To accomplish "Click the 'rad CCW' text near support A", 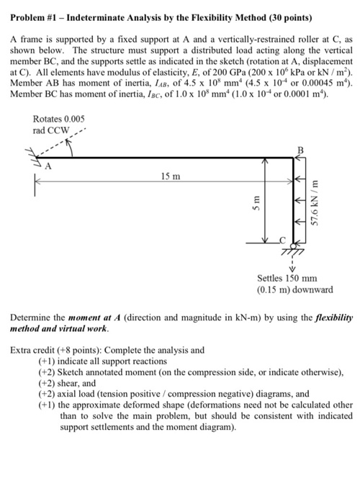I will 50,130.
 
